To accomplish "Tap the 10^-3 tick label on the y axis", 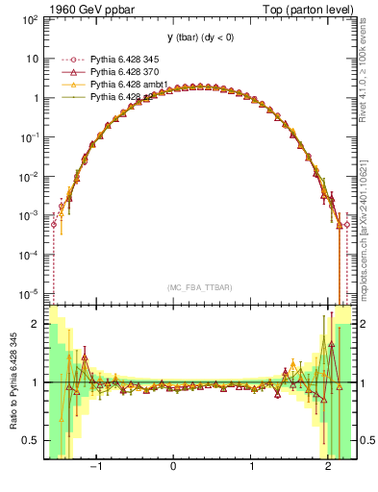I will (32, 215).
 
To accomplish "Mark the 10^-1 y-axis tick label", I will (32, 137).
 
